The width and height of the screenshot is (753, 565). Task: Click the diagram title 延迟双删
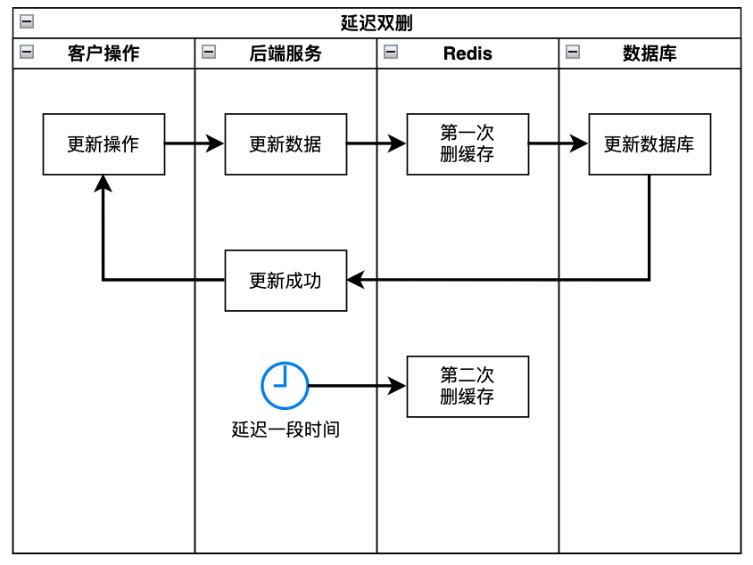pos(376,23)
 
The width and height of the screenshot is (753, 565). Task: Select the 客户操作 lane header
pos(103,53)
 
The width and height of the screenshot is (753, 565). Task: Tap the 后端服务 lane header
pos(285,53)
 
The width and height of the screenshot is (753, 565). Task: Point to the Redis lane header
pos(468,53)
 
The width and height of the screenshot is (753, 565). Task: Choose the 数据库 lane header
pos(650,53)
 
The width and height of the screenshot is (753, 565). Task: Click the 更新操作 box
pos(103,144)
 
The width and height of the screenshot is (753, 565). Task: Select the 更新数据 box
pos(285,144)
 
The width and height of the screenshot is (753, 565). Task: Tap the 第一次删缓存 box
pos(468,144)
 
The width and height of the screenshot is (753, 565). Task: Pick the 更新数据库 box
pos(650,144)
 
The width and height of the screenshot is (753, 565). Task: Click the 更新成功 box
pos(285,281)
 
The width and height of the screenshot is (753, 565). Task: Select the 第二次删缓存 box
pos(468,387)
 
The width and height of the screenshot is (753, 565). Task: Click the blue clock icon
pos(285,386)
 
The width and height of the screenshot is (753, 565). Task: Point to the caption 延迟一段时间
pos(285,430)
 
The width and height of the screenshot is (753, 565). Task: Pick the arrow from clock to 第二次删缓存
pos(357,386)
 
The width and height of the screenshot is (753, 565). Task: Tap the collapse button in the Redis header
pos(391,53)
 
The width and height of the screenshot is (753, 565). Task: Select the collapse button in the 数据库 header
pos(573,53)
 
